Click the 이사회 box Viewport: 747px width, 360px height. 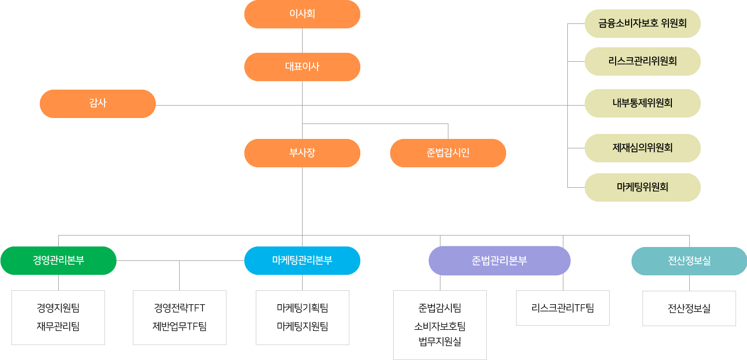click(x=302, y=14)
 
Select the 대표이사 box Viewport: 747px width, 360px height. click(x=302, y=67)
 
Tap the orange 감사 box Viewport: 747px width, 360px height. click(x=98, y=104)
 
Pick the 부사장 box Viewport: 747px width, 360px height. click(x=302, y=153)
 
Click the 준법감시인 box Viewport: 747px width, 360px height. click(x=448, y=153)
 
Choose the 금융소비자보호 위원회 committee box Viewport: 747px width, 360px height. click(x=642, y=23)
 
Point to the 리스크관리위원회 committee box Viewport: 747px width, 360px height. click(x=642, y=61)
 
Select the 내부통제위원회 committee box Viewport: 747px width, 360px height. click(x=642, y=103)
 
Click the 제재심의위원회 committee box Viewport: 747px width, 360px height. click(x=642, y=148)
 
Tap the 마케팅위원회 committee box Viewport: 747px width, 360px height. click(x=642, y=187)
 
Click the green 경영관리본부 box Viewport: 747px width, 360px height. click(x=58, y=260)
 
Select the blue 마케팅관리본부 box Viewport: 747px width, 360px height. click(x=302, y=260)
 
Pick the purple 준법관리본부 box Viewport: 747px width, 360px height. click(x=499, y=260)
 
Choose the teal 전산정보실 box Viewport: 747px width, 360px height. click(x=689, y=261)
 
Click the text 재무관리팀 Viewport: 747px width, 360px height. click(x=58, y=327)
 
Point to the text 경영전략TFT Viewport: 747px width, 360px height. click(x=180, y=308)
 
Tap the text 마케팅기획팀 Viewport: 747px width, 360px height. click(x=303, y=308)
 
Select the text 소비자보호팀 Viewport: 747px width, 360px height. click(x=440, y=327)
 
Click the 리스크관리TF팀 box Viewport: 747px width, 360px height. click(x=563, y=308)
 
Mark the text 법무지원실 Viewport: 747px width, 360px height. click(x=440, y=342)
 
